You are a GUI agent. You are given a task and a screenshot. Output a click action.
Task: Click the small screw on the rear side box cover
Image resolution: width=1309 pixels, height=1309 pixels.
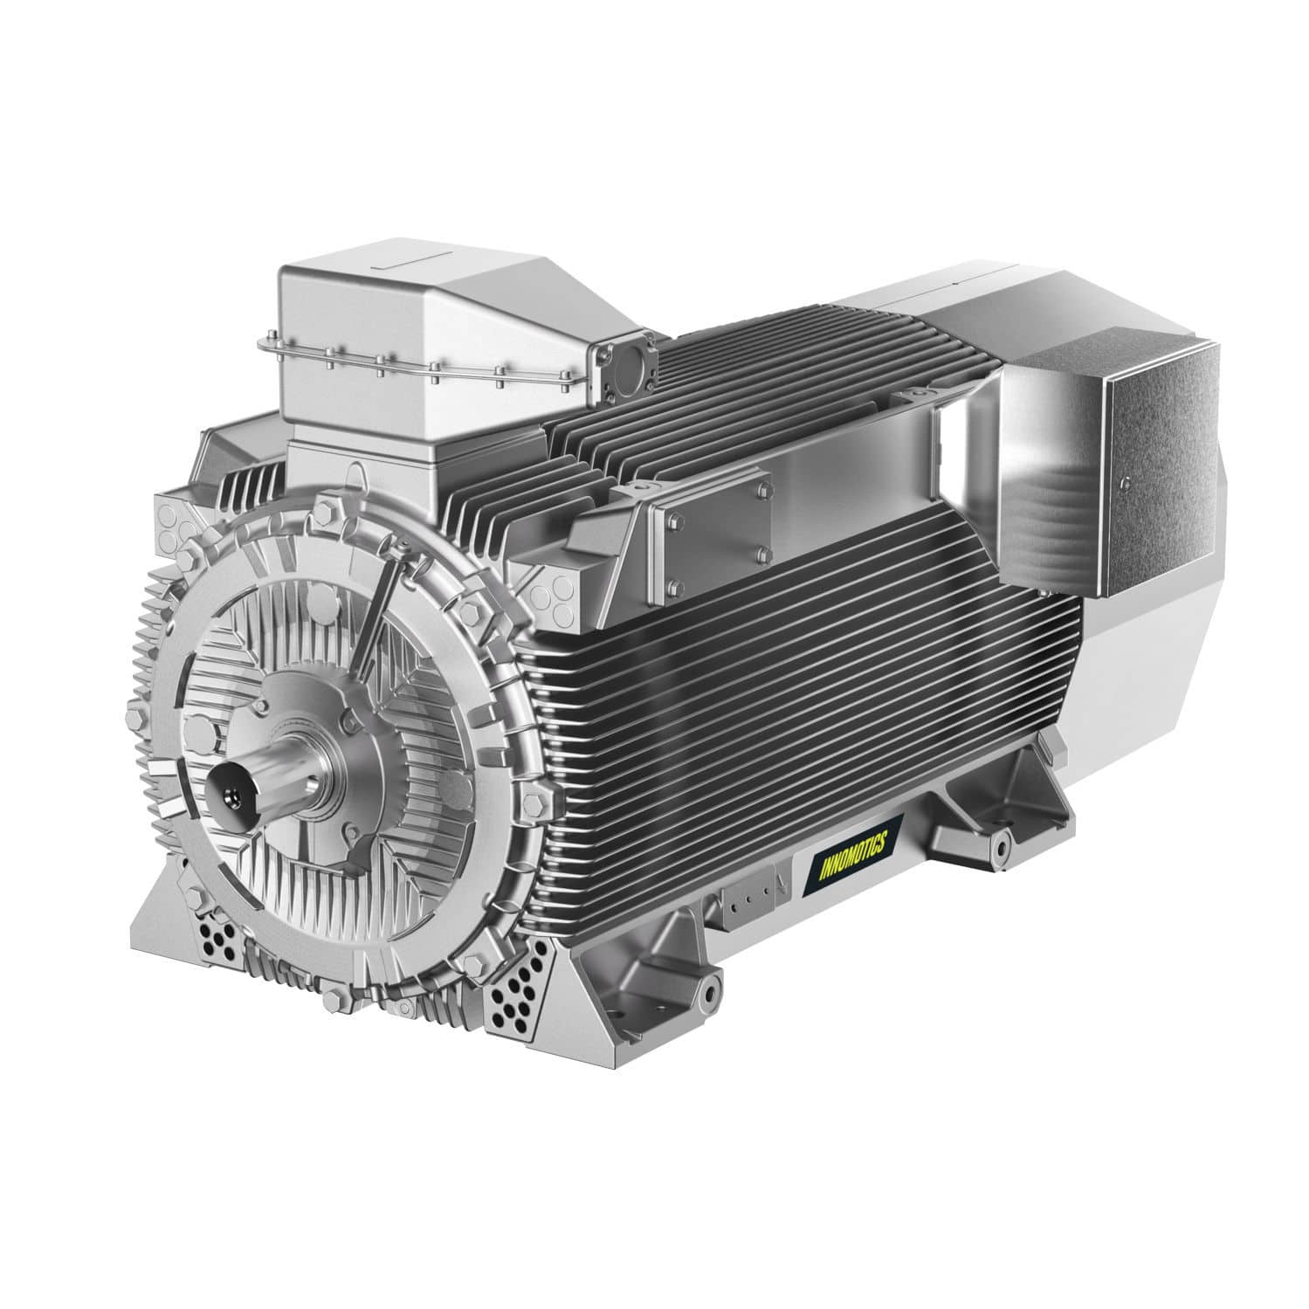(x=1126, y=480)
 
